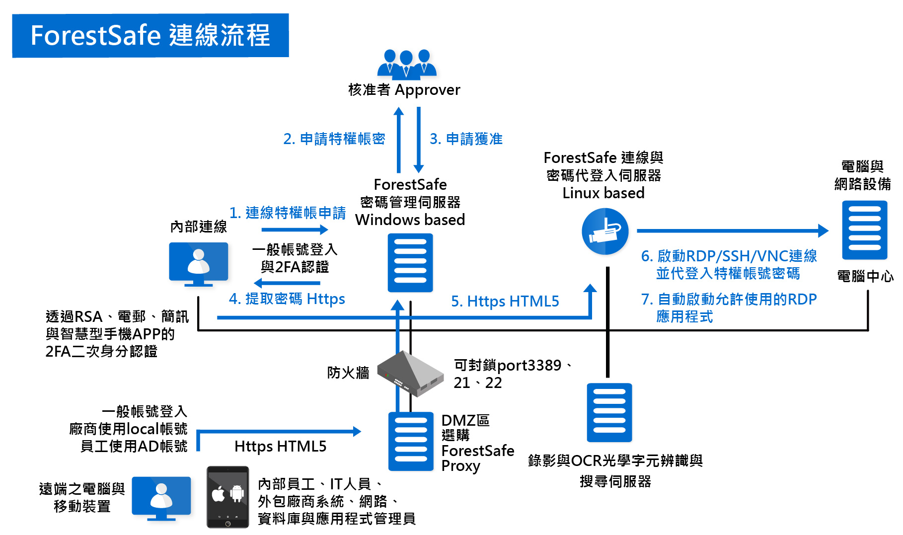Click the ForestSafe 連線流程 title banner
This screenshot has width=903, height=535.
tap(150, 36)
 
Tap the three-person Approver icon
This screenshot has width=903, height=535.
tap(406, 65)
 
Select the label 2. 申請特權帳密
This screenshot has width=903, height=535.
tap(334, 139)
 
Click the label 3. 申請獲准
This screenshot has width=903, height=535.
tap(466, 139)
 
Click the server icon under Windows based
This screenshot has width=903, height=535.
tap(410, 262)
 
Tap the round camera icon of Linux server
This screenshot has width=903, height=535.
tap(605, 231)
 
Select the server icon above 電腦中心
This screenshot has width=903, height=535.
tap(864, 230)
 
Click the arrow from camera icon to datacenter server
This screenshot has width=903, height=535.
tap(730, 230)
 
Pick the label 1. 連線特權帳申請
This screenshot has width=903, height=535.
tap(288, 213)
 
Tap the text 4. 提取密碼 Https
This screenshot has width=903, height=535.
tap(287, 299)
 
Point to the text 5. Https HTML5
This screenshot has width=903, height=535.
tap(505, 302)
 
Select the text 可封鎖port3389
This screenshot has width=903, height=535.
tap(508, 366)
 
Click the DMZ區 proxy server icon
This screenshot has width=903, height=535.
tap(410, 441)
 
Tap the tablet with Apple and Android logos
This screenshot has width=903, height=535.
tap(227, 496)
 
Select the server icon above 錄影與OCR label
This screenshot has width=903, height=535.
tap(609, 412)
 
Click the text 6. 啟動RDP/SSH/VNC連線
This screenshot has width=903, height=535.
tap(729, 256)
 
